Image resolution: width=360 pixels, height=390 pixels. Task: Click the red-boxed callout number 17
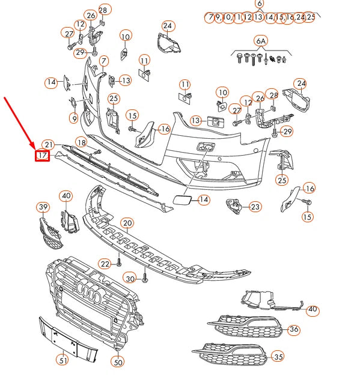[42, 156]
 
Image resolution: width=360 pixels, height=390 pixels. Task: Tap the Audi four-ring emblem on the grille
[88, 292]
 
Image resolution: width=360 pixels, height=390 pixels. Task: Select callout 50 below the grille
[118, 362]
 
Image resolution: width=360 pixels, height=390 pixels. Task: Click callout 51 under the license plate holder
[63, 360]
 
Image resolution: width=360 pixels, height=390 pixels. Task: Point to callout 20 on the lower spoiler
[127, 223]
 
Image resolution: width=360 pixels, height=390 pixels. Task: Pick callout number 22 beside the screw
[105, 264]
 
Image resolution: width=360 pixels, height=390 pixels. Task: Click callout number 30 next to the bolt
[130, 279]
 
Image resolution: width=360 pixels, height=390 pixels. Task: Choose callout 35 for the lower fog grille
[278, 357]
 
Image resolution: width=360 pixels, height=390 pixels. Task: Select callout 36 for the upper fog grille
[294, 329]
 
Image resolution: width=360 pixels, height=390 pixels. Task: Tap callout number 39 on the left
[43, 207]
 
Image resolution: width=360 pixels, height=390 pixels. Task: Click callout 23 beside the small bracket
[255, 207]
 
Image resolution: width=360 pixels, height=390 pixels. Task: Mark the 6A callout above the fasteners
[261, 41]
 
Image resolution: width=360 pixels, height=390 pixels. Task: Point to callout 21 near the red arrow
[49, 145]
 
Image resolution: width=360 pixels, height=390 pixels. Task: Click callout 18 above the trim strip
[82, 142]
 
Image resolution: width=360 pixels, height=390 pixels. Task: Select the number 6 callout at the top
[260, 4]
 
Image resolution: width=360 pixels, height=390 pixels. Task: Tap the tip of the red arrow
[35, 149]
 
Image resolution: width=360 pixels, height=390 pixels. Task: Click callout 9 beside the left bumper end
[74, 118]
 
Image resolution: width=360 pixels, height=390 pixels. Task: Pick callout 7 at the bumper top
[104, 61]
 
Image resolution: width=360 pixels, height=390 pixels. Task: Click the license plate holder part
[68, 340]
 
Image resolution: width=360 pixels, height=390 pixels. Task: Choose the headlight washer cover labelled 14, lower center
[182, 200]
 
